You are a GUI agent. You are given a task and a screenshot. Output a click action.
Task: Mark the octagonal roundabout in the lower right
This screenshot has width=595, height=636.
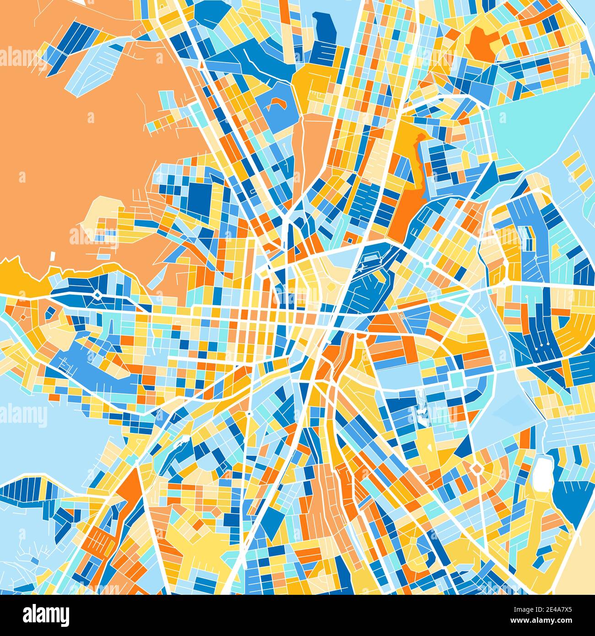476,467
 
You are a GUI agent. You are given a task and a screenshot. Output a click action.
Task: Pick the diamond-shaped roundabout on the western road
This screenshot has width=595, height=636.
97,295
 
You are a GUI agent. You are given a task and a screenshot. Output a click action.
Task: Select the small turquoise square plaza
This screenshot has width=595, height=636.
456,378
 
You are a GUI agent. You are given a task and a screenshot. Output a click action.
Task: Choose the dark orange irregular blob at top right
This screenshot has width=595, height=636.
483,41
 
